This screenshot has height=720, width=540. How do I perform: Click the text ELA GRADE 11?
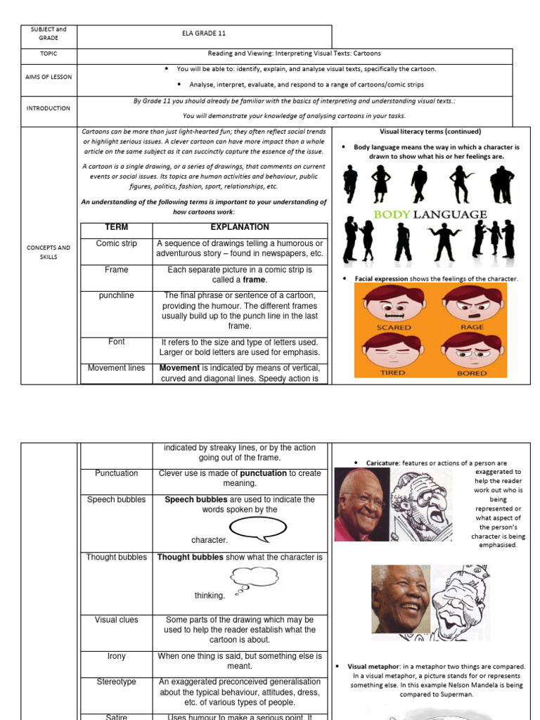click(x=204, y=33)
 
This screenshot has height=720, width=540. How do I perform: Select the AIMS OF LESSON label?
click(x=49, y=77)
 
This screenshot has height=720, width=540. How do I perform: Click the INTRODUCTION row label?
click(x=49, y=108)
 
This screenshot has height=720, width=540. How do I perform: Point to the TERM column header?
click(x=116, y=228)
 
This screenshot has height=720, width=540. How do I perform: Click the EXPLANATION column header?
click(x=240, y=228)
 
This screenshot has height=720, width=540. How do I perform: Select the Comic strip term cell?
click(x=116, y=243)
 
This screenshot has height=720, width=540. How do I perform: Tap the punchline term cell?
click(x=116, y=296)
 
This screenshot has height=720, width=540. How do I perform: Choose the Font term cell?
click(x=116, y=342)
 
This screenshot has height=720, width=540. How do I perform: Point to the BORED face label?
click(x=472, y=373)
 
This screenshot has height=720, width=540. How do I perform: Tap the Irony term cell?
click(x=116, y=656)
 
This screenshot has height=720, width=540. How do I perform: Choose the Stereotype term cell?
click(x=116, y=682)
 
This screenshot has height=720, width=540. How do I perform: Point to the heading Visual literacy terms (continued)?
click(x=430, y=131)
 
